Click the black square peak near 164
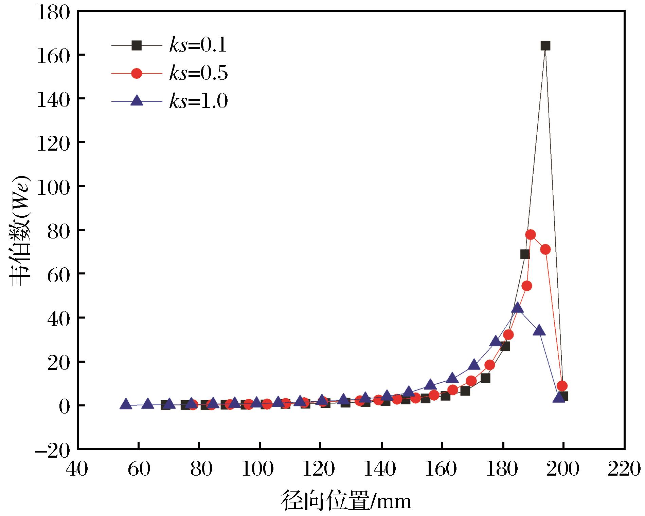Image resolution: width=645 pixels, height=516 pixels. [x=545, y=46]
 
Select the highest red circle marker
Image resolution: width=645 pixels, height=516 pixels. [x=530, y=234]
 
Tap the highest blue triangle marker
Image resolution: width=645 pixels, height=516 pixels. [x=517, y=308]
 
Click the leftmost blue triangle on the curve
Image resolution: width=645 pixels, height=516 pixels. [x=126, y=404]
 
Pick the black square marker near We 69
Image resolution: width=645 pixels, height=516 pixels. [x=525, y=254]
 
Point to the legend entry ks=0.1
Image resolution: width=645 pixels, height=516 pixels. [x=169, y=46]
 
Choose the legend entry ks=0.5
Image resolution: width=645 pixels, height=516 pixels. [x=169, y=73]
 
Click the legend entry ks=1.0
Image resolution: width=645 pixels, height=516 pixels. [x=169, y=101]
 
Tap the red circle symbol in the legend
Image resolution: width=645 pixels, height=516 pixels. [x=137, y=73]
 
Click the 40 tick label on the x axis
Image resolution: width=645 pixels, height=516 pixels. [x=77, y=469]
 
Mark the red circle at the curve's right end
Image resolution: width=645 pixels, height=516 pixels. [x=562, y=386]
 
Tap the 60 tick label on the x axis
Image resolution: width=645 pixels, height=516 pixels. [x=138, y=469]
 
